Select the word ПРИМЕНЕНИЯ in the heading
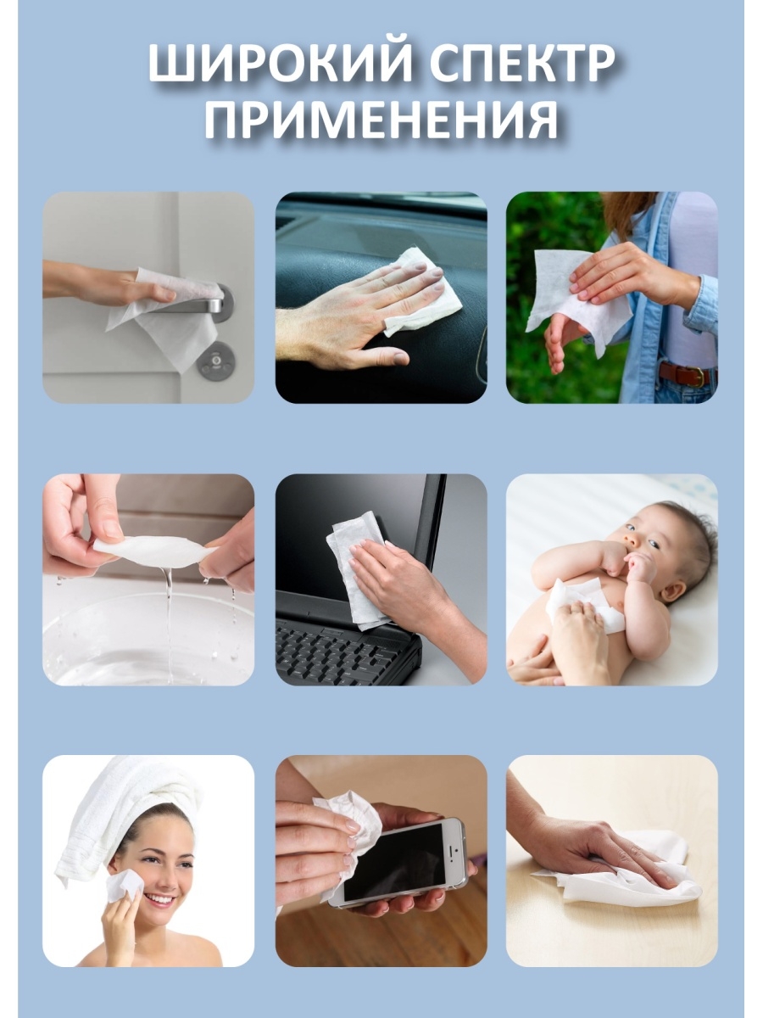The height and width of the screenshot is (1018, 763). click(x=381, y=120)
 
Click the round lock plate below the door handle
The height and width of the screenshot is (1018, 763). click(x=216, y=361)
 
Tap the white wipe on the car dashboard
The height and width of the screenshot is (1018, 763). click(x=420, y=291)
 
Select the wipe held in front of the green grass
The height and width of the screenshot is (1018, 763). click(x=576, y=297)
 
